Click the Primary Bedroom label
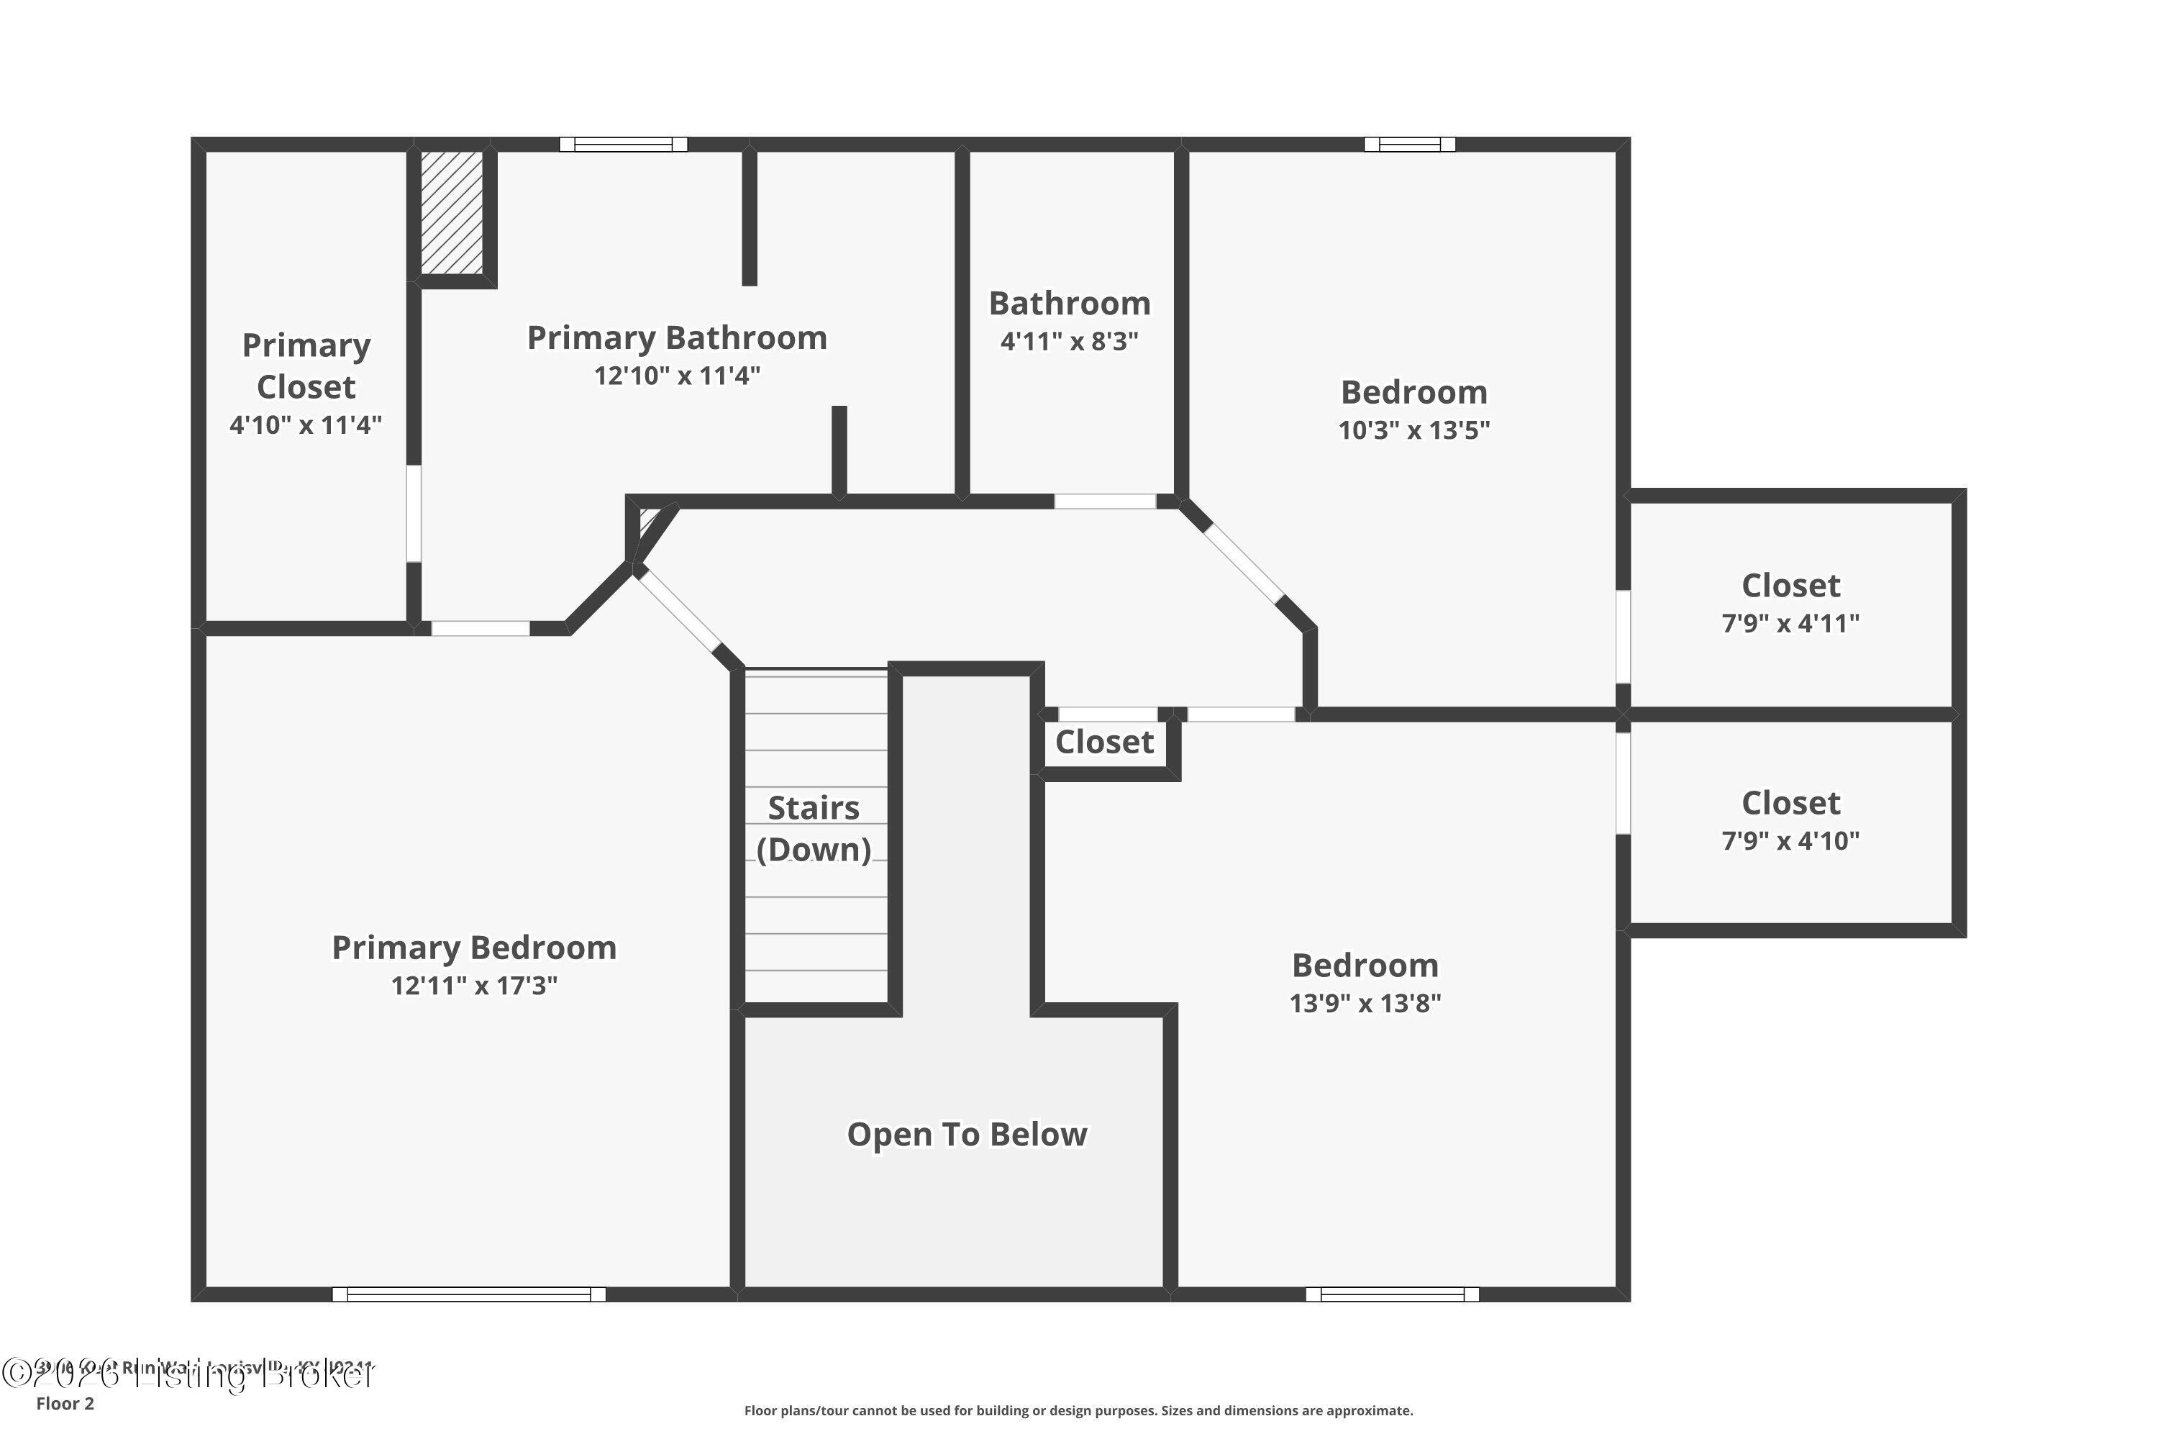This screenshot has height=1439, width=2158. tap(473, 948)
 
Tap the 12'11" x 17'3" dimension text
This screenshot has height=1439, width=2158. tap(473, 986)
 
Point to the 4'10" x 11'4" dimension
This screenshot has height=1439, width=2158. tap(306, 425)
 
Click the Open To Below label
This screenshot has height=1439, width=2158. tap(966, 1135)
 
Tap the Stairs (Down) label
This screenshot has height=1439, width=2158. tap(814, 829)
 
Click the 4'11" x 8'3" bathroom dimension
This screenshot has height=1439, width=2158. tap(1069, 341)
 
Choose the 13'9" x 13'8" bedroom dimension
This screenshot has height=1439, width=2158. tap(1365, 1004)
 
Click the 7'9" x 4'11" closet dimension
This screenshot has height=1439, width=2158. tap(1790, 624)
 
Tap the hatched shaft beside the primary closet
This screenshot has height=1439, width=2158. tap(452, 212)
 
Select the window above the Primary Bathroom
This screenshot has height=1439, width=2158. tap(624, 144)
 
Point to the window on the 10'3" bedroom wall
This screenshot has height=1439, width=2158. tap(1409, 144)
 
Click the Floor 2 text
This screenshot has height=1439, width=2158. tap(65, 1403)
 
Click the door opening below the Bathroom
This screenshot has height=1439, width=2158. tap(1105, 501)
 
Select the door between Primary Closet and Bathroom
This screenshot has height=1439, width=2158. tap(414, 514)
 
